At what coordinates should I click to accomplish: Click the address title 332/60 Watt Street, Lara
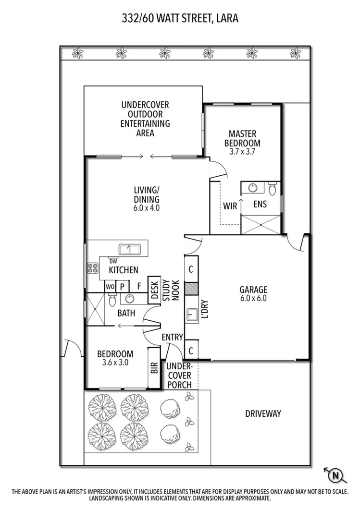coord(180,19)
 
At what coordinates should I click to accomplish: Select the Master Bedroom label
coord(242,138)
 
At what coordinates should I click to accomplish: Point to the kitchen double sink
coord(129,250)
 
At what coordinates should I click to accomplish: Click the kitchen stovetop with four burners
coord(92,268)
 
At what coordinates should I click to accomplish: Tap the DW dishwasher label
coord(113,261)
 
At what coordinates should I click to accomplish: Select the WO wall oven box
coord(110,286)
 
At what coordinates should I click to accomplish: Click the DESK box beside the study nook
coord(154,291)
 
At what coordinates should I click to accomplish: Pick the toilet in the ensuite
coord(273,188)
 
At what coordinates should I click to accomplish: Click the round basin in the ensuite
coord(250,187)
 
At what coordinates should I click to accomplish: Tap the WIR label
coord(230,206)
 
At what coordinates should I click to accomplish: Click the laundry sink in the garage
coord(193,315)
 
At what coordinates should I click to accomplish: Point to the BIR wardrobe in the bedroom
coord(154,368)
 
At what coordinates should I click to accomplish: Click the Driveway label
coord(262,413)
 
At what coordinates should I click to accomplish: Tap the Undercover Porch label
coord(179,376)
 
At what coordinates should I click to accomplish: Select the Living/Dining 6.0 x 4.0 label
coord(146,199)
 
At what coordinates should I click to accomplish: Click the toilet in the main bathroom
coord(112,300)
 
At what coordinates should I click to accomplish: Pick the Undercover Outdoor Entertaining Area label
coord(145,118)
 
